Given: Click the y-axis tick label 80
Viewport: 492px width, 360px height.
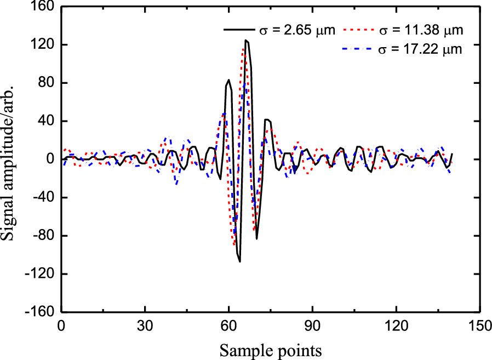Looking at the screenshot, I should pyautogui.click(x=44, y=83).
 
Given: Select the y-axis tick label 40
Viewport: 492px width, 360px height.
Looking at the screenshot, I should pyautogui.click(x=44, y=122).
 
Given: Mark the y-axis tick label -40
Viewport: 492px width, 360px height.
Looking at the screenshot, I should pyautogui.click(x=42, y=198).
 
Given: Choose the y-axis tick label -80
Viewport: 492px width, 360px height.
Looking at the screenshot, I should pyautogui.click(x=42, y=236).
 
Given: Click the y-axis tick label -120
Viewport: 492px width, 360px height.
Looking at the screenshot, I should pyautogui.click(x=39, y=275).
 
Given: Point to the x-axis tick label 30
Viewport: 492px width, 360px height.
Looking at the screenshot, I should pyautogui.click(x=145, y=325).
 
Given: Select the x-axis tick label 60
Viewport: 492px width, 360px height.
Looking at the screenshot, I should pyautogui.click(x=229, y=325).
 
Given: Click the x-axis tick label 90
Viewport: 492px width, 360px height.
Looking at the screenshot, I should pyautogui.click(x=313, y=325).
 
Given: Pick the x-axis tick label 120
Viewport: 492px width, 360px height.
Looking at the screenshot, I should pyautogui.click(x=397, y=325).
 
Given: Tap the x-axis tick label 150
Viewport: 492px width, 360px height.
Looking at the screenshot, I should pyautogui.click(x=480, y=325).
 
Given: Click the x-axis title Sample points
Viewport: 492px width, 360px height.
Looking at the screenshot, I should pyautogui.click(x=271, y=348).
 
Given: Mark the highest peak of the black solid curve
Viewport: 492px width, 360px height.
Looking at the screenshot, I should pyautogui.click(x=246, y=40).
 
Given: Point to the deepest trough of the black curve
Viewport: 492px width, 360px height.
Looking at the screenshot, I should pyautogui.click(x=240, y=261).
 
